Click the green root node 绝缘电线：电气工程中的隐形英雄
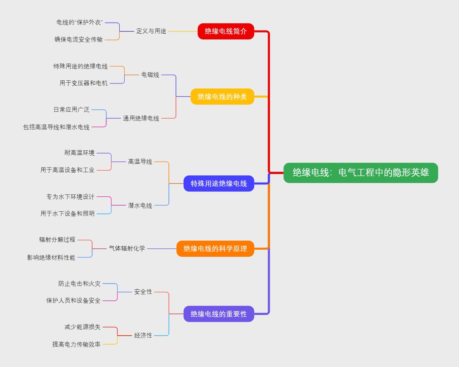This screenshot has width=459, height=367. [x=361, y=173]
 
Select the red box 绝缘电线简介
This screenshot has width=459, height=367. [x=226, y=31]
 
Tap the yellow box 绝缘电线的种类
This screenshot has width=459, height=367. [x=222, y=96]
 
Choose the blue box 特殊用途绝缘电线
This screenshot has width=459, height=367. [x=219, y=183]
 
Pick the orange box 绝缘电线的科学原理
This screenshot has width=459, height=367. [x=215, y=249]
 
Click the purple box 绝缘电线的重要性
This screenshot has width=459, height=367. [x=219, y=314]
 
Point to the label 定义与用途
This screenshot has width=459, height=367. [x=151, y=31]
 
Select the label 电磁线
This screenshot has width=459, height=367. [x=150, y=75]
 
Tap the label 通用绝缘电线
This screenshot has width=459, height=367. [x=141, y=118]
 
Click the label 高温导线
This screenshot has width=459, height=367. [x=140, y=161]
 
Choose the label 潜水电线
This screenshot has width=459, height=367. [x=140, y=206]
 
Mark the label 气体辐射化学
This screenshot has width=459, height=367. [x=127, y=248]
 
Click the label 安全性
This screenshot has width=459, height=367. [x=143, y=292]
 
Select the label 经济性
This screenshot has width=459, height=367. [x=143, y=335]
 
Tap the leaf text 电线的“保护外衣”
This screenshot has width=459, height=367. [x=80, y=22]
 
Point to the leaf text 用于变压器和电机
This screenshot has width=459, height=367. [x=83, y=83]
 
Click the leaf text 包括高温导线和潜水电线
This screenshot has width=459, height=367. [x=56, y=127]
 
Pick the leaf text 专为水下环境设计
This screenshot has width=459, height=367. [x=70, y=197]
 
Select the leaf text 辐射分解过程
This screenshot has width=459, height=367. [x=57, y=240]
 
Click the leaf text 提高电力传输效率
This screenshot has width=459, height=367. [x=76, y=344]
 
